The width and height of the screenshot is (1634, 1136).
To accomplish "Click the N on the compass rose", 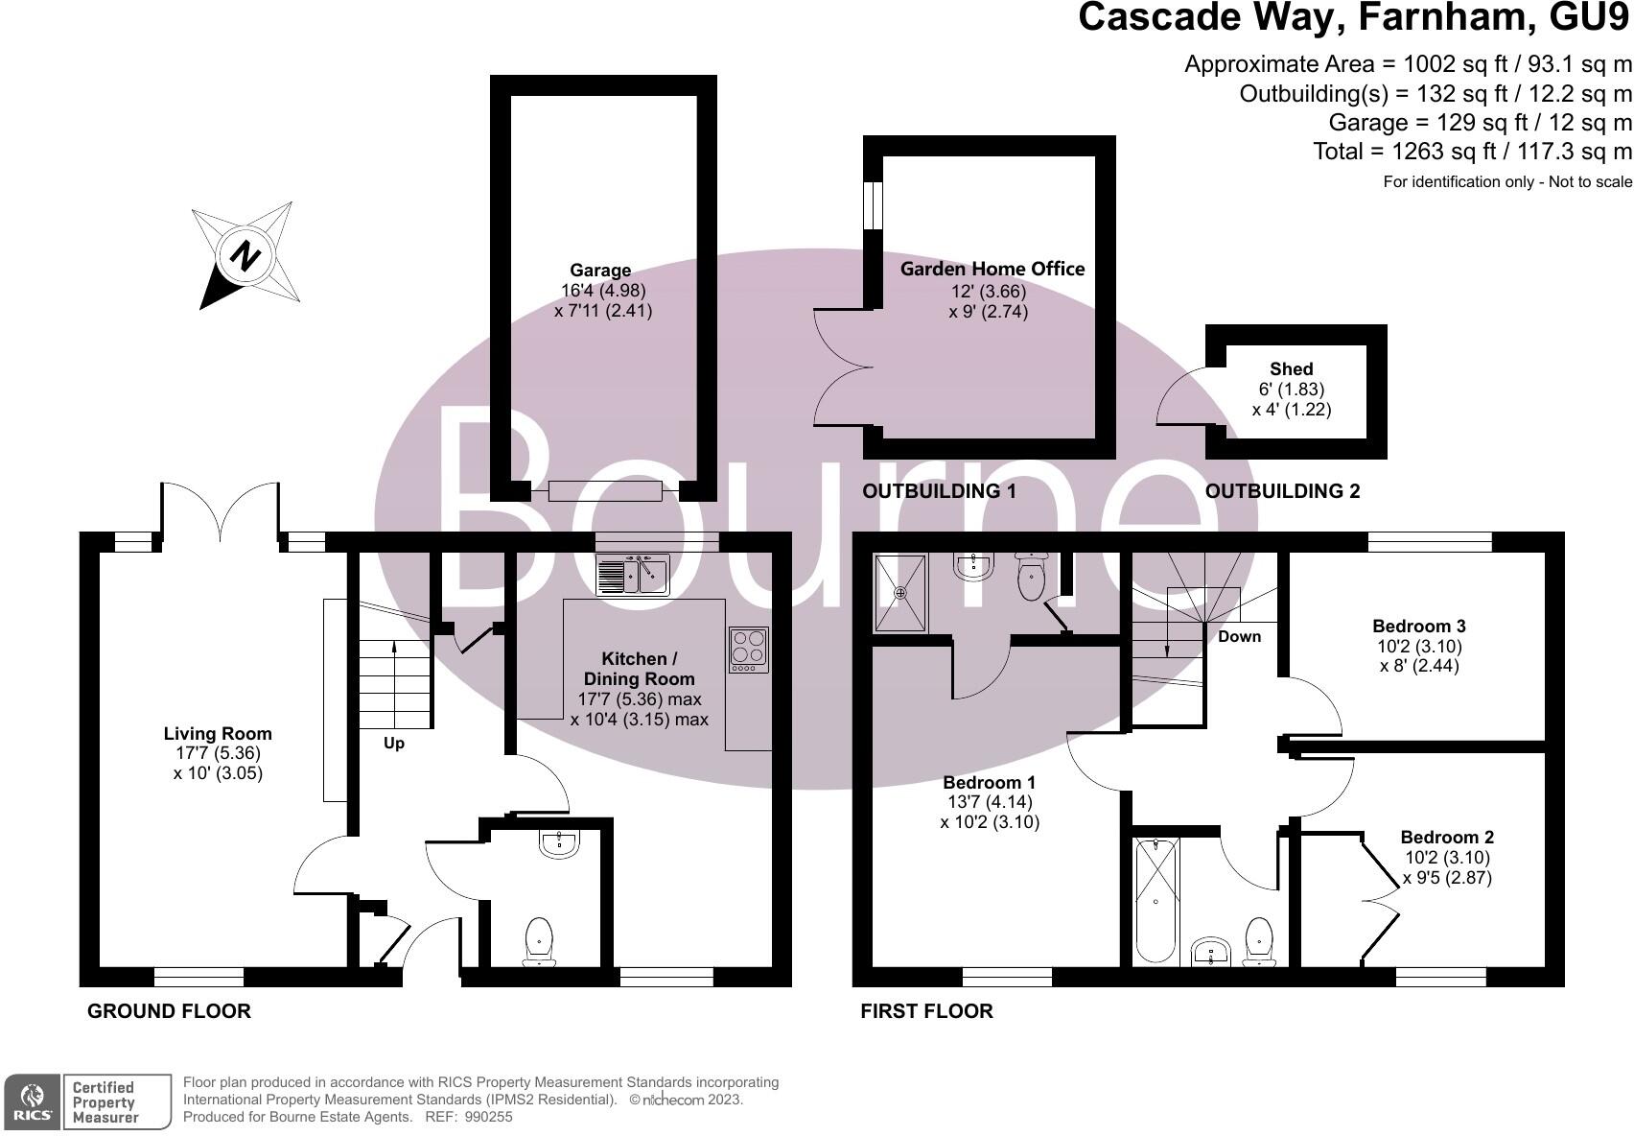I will point(246,257).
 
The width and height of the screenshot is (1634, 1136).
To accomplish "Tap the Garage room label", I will point(600,271).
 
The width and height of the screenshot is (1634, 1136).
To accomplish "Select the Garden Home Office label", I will point(992,270).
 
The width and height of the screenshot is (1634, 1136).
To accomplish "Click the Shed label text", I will point(1291,369).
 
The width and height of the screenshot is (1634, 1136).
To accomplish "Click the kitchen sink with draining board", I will point(633,575).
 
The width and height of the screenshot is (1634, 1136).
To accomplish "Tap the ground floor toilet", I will point(540,941).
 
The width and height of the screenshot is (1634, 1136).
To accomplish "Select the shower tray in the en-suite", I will point(900,593).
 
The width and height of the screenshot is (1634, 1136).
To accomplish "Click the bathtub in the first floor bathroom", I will point(1155,900).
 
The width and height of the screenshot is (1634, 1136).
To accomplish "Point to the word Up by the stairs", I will point(394,744).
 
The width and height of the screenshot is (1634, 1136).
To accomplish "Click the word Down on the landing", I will point(1239,637).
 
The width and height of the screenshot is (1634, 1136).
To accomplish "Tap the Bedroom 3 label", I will point(1418,627).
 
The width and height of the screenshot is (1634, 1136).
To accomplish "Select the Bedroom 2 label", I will point(1446,838).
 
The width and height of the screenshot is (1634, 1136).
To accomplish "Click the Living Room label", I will point(218,734).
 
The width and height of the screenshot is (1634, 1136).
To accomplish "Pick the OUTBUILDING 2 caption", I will point(1282,491).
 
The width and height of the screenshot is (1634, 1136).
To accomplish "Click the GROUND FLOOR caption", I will point(169,1011).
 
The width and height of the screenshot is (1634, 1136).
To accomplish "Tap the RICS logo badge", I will point(33,1101).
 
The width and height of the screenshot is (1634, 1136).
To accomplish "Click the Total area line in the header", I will point(1471,152).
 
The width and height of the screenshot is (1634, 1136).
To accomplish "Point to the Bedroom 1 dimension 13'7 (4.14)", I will point(988,802).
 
